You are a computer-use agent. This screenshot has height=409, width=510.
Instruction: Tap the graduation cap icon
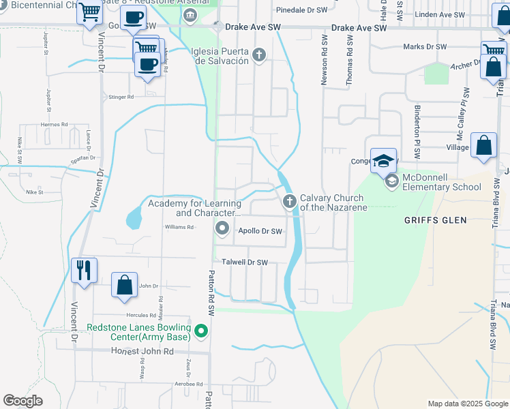383,160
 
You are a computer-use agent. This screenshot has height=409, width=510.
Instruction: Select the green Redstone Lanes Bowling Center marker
200,333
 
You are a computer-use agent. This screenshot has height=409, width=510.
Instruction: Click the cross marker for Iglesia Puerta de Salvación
259,55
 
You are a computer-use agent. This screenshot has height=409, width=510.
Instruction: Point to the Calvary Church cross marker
289,200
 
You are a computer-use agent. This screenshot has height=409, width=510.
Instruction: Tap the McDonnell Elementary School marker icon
392,181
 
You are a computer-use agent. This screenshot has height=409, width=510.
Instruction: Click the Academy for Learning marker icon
222,228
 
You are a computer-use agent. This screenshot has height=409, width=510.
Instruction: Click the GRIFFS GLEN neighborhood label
435,220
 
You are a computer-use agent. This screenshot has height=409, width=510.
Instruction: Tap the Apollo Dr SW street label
260,232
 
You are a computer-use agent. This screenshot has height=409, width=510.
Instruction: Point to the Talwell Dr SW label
245,262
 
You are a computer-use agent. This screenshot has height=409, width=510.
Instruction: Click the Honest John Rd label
142,350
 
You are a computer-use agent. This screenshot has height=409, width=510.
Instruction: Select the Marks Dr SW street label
423,46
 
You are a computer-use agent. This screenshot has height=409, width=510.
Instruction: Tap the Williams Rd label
179,227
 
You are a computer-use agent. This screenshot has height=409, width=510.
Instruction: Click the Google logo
23,401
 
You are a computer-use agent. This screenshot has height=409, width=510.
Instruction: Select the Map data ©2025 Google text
467,404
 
